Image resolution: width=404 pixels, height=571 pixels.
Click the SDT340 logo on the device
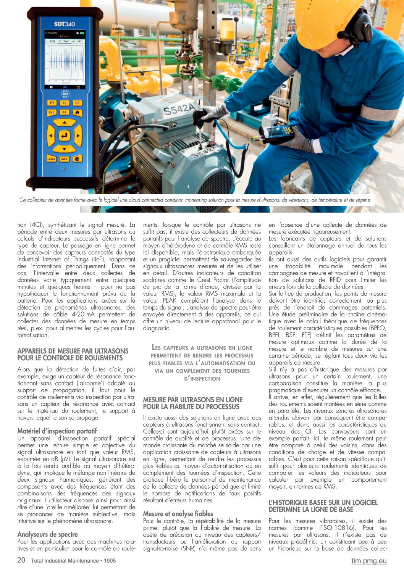[x=64, y=24]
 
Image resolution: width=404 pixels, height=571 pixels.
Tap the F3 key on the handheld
[x=77, y=103]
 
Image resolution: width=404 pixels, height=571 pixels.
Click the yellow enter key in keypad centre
[x=64, y=135]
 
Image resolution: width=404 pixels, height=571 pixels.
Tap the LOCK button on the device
[x=64, y=159]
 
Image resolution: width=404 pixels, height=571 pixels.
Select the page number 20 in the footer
[x=21, y=560]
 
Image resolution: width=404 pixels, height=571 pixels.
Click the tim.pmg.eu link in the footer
[x=369, y=560]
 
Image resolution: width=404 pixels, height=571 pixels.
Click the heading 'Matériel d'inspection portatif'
[x=57, y=431]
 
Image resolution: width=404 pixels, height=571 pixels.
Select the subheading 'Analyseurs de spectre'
[x=47, y=534]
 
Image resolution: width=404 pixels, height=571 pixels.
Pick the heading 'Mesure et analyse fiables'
[x=178, y=514]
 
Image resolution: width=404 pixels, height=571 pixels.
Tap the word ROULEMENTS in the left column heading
[x=103, y=358]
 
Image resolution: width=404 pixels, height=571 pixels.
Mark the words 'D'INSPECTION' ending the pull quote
[x=202, y=379]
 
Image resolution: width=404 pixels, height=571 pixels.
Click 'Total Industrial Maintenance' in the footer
[x=65, y=561]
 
